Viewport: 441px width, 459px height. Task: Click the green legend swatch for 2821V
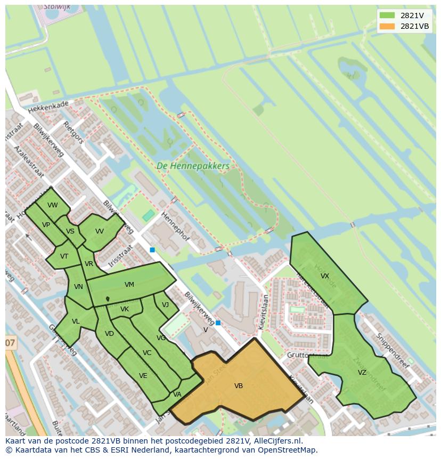click(387, 15)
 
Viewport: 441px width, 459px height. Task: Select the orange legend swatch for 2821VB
click(387, 26)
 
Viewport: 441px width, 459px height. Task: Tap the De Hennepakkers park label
click(193, 166)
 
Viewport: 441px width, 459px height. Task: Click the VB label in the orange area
click(239, 385)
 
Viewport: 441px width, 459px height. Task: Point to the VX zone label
click(325, 276)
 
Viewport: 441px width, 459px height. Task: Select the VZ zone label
click(362, 373)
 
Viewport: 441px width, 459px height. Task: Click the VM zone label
click(129, 285)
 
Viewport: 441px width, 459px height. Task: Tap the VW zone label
click(52, 205)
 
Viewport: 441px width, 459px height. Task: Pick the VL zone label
click(76, 321)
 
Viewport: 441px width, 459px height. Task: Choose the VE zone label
click(143, 376)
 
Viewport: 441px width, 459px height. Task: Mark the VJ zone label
click(165, 305)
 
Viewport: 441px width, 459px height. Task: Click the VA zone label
click(177, 394)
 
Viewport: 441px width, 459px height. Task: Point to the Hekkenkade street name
click(49, 108)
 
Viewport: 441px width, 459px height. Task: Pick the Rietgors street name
click(73, 132)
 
